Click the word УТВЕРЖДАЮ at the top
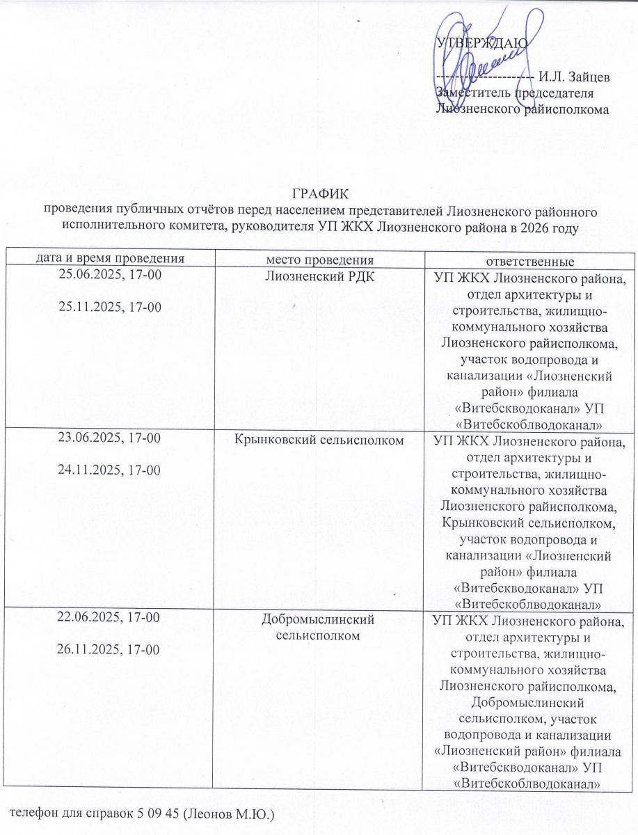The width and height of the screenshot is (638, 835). click(x=481, y=43)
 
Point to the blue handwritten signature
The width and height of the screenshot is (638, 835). click(x=480, y=59)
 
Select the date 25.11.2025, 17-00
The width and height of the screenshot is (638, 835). click(x=110, y=305)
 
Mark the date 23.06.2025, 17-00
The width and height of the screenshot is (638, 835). click(x=110, y=438)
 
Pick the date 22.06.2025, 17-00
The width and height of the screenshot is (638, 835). click(x=110, y=617)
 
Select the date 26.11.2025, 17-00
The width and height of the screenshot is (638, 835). click(x=110, y=649)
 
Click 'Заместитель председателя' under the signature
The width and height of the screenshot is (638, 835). click(x=514, y=93)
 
